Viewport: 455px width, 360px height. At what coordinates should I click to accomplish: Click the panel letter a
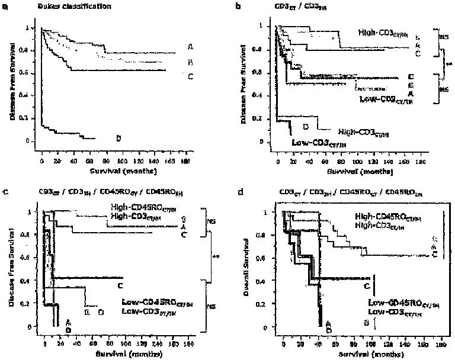5,7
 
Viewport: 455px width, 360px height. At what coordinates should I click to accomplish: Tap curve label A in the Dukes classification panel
190,47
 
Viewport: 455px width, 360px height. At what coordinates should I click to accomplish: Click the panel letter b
238,7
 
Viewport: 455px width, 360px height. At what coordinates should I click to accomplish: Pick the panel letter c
5,191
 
